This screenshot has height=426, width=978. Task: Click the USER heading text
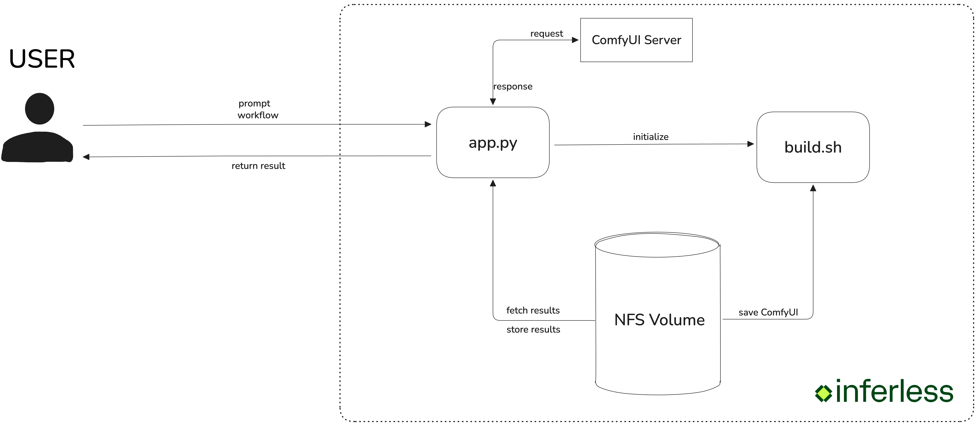pyautogui.click(x=42, y=59)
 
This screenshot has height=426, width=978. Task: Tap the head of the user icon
pyautogui.click(x=39, y=109)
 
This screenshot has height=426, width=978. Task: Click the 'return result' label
pyautogui.click(x=258, y=166)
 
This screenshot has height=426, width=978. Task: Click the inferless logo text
pyautogui.click(x=894, y=392)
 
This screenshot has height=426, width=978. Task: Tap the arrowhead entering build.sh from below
pyautogui.click(x=813, y=188)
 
